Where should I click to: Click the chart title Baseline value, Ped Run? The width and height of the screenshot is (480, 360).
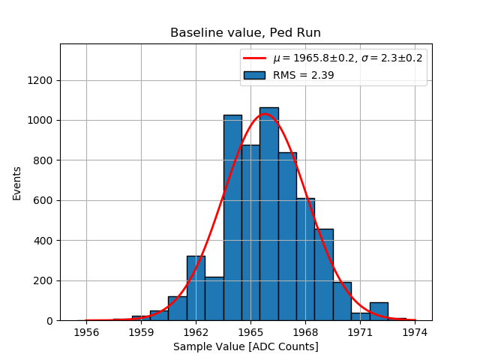(245, 33)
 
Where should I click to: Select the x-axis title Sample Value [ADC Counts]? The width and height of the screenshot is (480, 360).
(245, 346)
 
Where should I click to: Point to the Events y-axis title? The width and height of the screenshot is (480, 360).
(17, 182)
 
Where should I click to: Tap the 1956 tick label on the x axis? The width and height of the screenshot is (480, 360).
(87, 331)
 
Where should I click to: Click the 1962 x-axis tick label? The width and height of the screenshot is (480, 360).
(196, 331)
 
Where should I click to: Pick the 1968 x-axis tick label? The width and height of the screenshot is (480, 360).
(305, 331)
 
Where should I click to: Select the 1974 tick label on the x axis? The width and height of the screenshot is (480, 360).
(415, 331)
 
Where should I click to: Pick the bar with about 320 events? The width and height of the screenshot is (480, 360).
(196, 288)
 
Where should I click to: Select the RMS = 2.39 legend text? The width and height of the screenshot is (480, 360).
(303, 75)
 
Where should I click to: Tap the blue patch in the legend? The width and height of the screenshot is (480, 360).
(253, 75)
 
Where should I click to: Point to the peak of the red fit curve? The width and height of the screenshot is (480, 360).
(264, 114)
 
